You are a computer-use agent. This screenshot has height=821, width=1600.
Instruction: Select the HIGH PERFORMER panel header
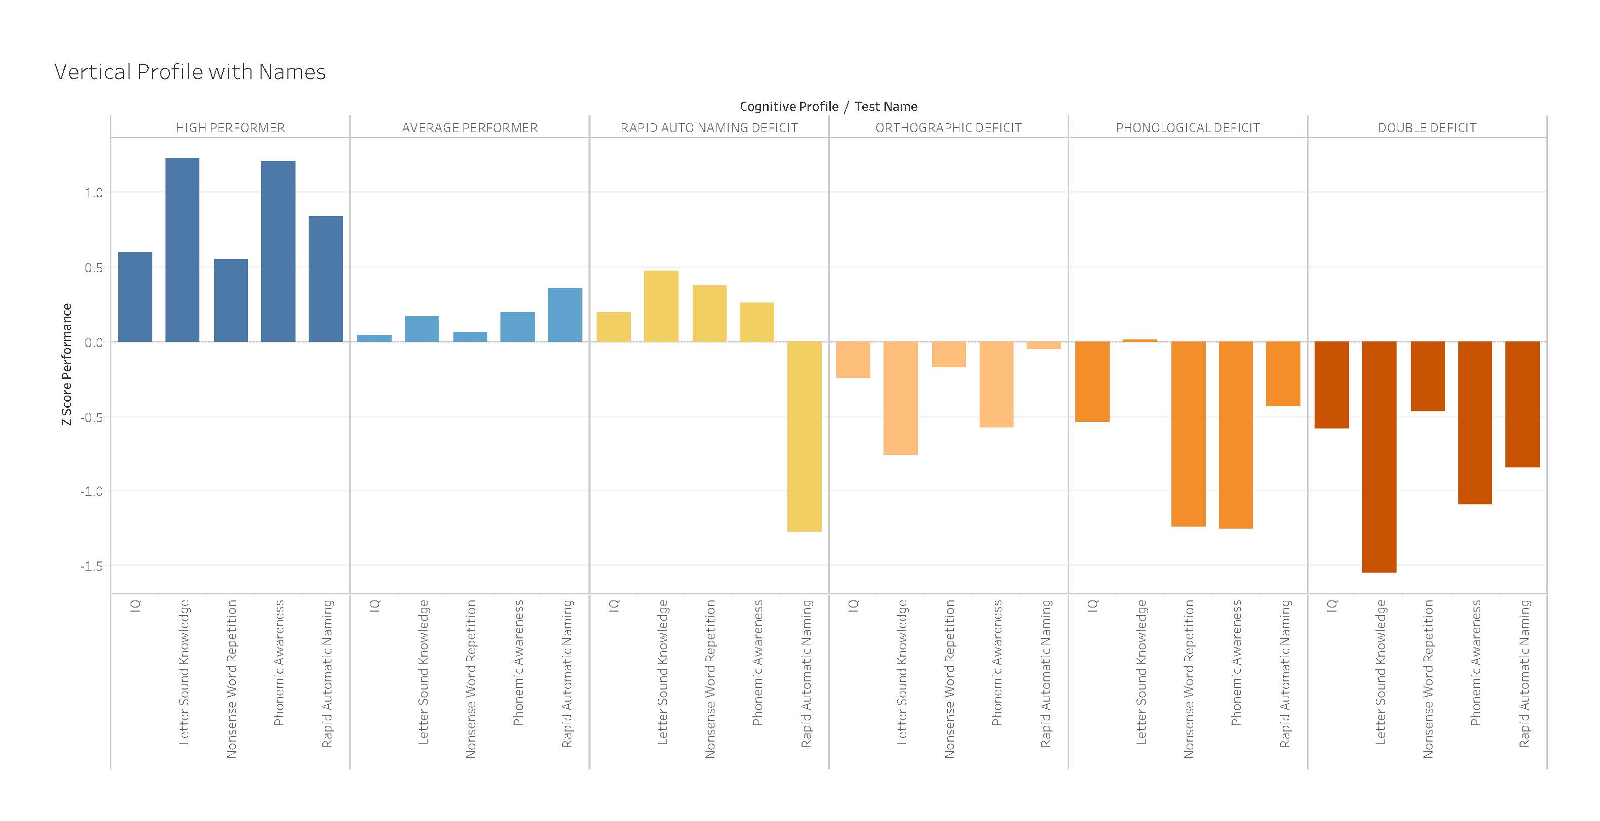[x=230, y=128]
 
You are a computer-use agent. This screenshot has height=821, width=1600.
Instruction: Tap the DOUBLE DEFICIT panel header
[x=1427, y=128]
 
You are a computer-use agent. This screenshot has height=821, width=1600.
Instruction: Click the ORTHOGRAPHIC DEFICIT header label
[x=948, y=128]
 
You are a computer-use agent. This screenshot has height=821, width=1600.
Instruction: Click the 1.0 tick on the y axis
[x=94, y=193]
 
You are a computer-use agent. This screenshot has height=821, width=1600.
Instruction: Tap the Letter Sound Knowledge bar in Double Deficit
[x=1379, y=456]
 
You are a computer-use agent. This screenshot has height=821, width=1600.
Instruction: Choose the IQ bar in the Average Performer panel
[x=374, y=338]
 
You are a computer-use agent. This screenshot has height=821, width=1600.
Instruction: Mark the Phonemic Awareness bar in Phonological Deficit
[x=1235, y=435]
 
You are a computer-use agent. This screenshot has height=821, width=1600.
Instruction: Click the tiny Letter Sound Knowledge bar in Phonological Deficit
[x=1140, y=340]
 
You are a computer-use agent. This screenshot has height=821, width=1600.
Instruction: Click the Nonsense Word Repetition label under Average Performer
[x=470, y=678]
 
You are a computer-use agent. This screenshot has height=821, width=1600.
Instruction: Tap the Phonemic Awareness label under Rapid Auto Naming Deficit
[x=757, y=663]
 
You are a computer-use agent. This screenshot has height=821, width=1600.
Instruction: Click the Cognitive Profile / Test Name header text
[x=828, y=106]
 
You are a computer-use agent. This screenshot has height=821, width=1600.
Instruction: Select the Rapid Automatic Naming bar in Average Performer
[x=565, y=315]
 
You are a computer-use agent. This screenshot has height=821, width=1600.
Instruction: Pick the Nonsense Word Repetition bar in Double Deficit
[x=1427, y=376]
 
